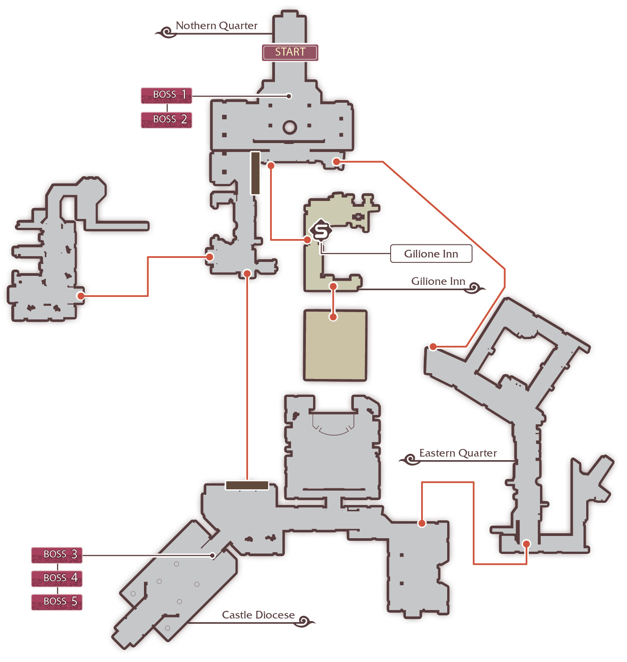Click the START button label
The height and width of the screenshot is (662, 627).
click(x=290, y=52)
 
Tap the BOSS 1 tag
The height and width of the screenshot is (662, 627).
click(x=166, y=95)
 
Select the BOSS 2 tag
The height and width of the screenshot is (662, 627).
click(x=166, y=120)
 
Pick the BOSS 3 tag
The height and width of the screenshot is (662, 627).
click(x=57, y=555)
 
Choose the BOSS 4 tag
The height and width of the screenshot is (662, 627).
click(x=57, y=579)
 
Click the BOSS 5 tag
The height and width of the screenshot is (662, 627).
click(x=57, y=602)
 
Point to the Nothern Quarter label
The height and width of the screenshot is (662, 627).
click(x=217, y=26)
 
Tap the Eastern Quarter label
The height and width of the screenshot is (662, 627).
click(x=458, y=453)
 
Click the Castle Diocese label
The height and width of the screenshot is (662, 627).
click(x=258, y=615)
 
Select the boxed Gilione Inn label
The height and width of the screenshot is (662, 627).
click(x=431, y=253)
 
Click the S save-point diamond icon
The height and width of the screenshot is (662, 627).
click(x=321, y=231)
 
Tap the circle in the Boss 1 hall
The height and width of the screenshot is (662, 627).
click(x=290, y=128)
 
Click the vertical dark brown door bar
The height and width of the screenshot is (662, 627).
click(x=255, y=173)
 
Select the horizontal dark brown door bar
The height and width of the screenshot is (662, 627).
click(x=247, y=485)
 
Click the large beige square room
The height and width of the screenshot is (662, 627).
click(x=335, y=345)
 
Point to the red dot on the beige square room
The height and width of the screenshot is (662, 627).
click(x=333, y=317)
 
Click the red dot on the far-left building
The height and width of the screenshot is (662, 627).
click(x=81, y=296)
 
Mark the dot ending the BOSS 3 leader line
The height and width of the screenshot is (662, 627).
click(x=213, y=555)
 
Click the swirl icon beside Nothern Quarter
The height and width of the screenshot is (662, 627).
click(x=165, y=32)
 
